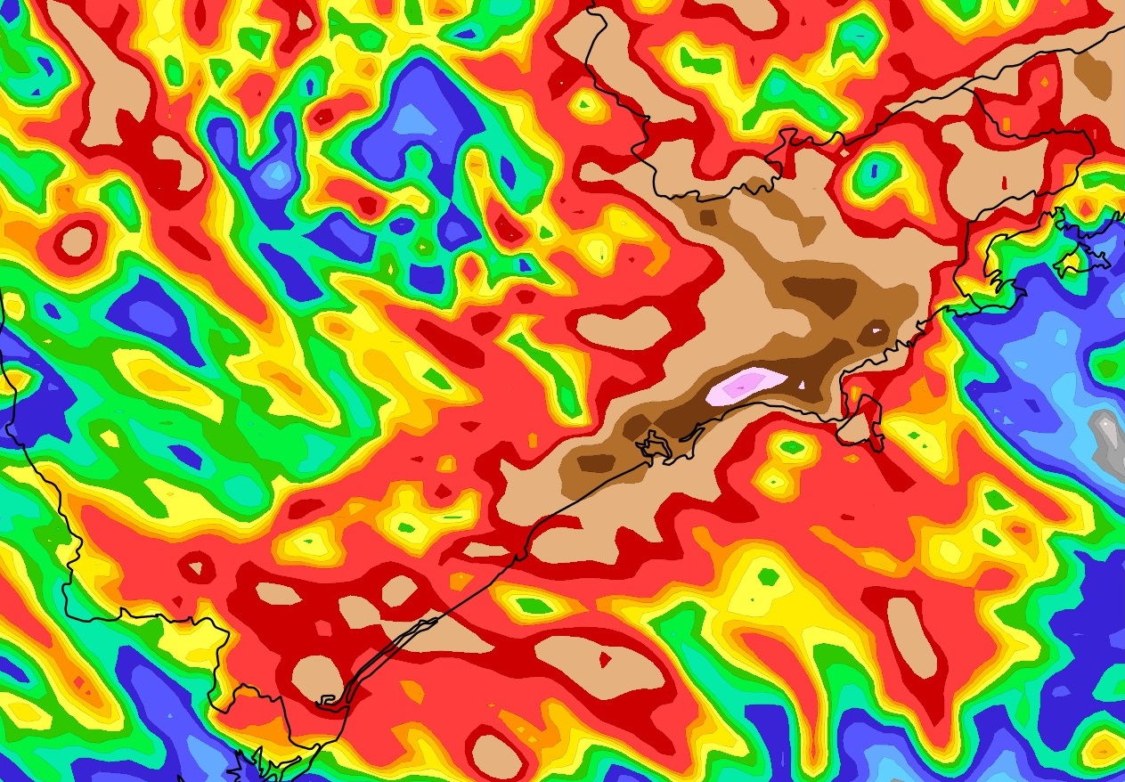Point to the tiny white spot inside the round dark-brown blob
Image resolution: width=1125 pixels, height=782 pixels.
(x=878, y=330)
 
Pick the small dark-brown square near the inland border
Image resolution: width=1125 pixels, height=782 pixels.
(x=708, y=216)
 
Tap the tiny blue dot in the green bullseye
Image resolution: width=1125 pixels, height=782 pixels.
(x=874, y=169)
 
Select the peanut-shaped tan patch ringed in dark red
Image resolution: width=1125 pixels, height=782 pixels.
(x=624, y=327)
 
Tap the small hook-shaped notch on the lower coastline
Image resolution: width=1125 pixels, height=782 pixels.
(x=330, y=703)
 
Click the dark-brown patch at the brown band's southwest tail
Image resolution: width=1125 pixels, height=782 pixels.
(x=595, y=462)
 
